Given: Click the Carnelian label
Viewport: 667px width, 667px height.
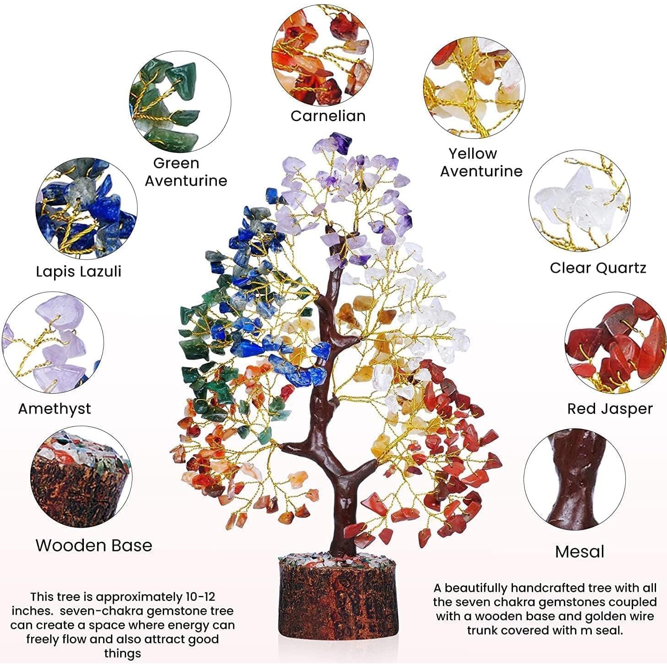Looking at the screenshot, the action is coord(328,116).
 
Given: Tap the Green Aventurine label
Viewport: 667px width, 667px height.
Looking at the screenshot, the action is coord(186,172).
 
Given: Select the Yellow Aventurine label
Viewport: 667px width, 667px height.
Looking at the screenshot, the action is coord(481,162).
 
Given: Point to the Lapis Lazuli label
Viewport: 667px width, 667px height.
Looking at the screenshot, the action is coord(78,271).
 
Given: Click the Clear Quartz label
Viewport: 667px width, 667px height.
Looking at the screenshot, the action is coord(598,268).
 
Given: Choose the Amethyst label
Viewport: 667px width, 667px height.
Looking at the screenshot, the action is coord(55,409).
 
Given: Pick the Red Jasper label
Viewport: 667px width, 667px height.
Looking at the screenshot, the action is coord(610,409).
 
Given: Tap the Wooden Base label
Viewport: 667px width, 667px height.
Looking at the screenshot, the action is coord(94,546).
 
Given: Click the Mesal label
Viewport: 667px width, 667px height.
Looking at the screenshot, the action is coord(579,552).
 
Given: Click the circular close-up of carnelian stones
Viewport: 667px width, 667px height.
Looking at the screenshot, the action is coord(322,55).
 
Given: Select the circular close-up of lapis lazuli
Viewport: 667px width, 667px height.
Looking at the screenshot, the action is coord(87,209).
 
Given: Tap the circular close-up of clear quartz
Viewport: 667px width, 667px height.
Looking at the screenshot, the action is coord(579,201).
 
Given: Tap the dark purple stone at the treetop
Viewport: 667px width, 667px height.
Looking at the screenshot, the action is coord(341,142).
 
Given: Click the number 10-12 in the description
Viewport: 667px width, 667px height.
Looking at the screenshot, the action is coord(198,597).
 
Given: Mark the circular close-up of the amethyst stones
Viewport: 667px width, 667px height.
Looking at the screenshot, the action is coord(53,343).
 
